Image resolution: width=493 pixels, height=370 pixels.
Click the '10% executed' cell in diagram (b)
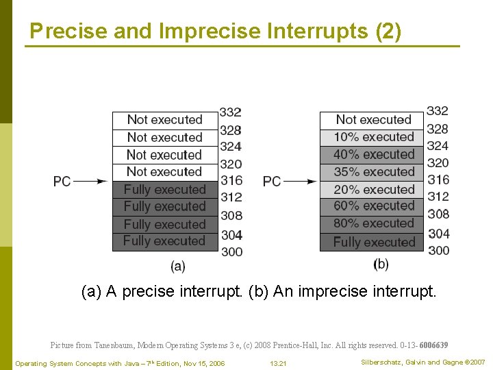pos(373,137)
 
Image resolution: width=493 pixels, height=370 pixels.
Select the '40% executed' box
pos(373,154)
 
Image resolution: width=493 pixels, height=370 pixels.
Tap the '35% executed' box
pos(373,172)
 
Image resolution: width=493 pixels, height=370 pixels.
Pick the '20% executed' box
pos(373,189)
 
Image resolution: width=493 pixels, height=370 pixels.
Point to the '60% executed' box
pos(373,206)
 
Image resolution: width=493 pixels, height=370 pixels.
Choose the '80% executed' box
pos(373,224)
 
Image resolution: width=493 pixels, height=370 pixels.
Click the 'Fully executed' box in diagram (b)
pos(373,242)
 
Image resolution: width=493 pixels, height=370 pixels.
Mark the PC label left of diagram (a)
pos(62,182)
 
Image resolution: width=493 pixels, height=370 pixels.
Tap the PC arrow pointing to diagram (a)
pos(91,182)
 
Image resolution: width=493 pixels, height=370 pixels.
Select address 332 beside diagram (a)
pos(231,112)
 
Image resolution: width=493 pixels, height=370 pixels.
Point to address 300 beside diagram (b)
pos(438,251)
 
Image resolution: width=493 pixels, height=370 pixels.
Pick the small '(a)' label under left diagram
pos(177,265)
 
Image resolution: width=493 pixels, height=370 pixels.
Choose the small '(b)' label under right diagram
pos(381,264)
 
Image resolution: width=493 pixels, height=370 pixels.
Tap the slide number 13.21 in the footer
pos(278,362)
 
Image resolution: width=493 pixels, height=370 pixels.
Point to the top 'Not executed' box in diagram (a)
pos(165,120)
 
